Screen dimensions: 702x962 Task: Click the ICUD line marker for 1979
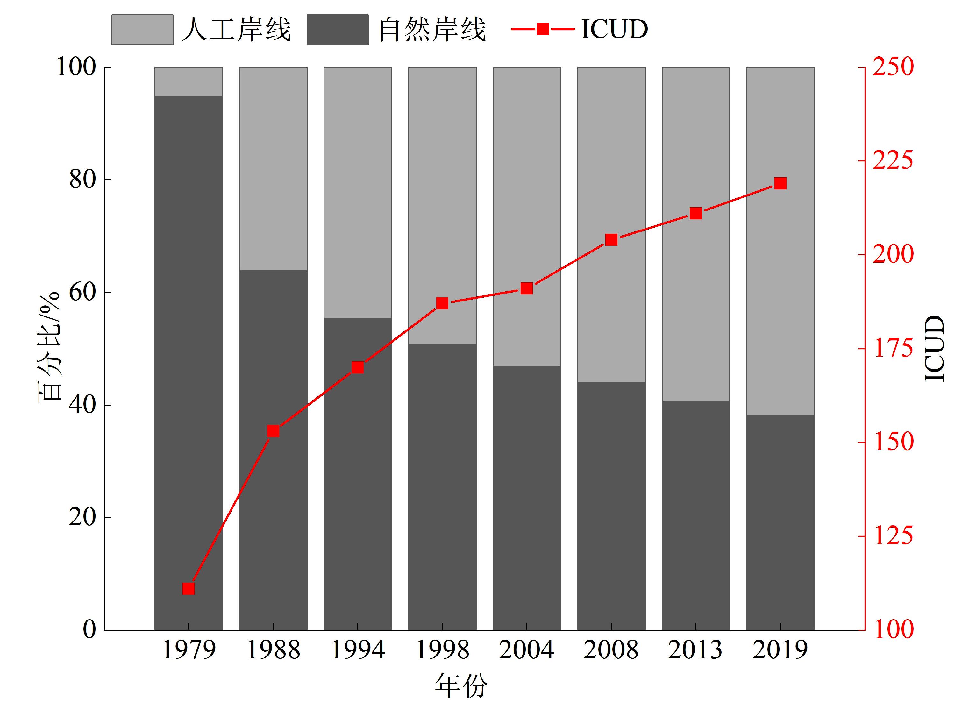coord(188,589)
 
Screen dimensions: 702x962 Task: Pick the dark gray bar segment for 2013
coord(695,514)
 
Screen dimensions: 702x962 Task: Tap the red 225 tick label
coord(893,161)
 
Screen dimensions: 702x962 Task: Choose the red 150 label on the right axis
coord(893,442)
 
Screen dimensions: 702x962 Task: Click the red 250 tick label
coord(893,67)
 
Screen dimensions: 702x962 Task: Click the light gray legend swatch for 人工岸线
coord(142,30)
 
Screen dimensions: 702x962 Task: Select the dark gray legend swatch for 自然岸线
coord(337,30)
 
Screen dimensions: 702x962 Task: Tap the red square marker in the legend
coord(543,29)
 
